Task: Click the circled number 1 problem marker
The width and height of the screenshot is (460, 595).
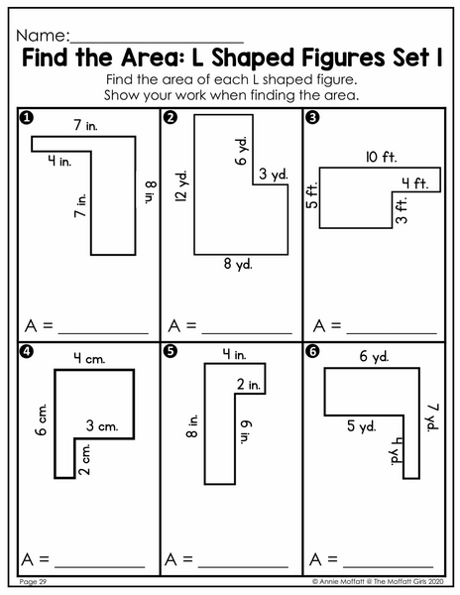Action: point(26,118)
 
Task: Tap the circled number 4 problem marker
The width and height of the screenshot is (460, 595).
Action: point(26,352)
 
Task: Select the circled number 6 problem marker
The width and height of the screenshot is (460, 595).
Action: point(312,352)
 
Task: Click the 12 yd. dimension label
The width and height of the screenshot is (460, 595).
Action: point(181,186)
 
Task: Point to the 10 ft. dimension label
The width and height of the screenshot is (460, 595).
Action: point(381,157)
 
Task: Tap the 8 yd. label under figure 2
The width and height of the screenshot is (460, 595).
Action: point(238,264)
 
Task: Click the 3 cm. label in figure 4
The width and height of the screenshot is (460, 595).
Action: point(102,425)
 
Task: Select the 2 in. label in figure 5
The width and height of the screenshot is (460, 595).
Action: point(249,385)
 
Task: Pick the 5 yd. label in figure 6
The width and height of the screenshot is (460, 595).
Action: point(362,426)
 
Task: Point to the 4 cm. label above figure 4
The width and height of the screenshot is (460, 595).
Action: point(89,358)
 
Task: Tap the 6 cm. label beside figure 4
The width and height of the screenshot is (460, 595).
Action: point(42,419)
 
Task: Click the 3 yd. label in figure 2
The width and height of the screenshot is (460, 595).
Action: point(274,175)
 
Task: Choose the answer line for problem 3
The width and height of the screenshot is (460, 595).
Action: point(392,333)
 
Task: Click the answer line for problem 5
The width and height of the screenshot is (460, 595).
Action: point(243,567)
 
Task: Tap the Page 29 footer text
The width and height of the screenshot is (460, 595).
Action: point(33,582)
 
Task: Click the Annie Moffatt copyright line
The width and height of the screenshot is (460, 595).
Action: point(378,581)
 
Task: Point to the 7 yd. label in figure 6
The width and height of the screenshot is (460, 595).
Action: point(432,417)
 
